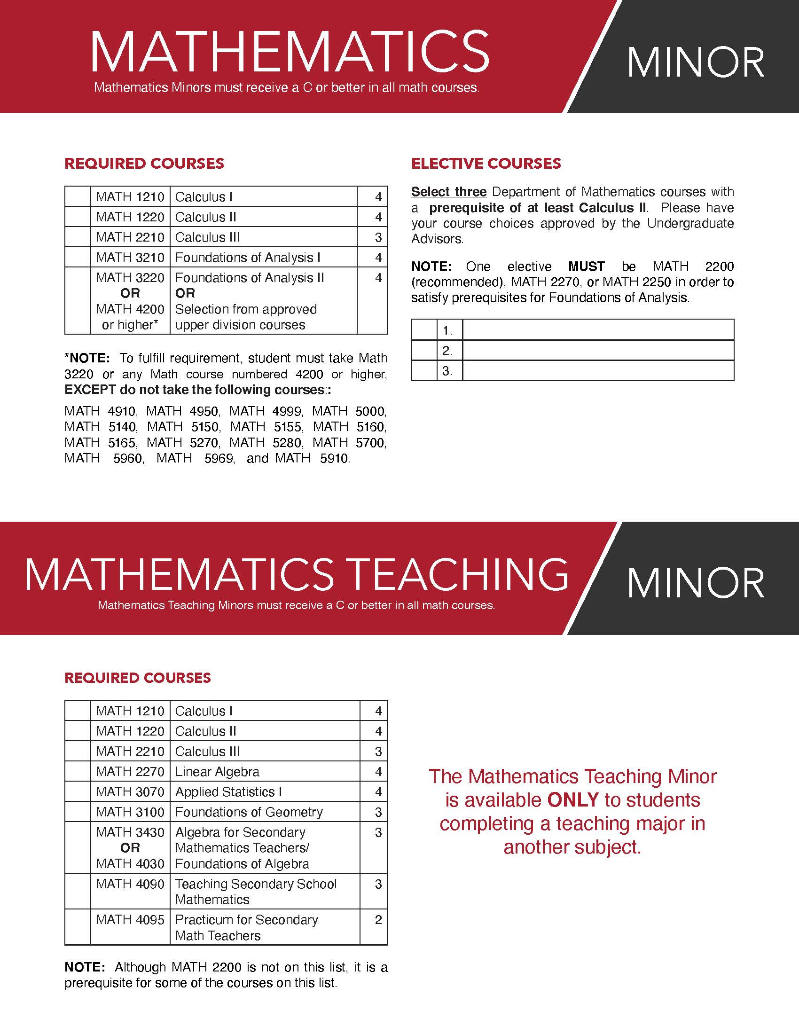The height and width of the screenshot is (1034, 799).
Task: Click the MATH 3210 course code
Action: [x=130, y=257]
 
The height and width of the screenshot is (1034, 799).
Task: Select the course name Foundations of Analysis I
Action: [x=248, y=257]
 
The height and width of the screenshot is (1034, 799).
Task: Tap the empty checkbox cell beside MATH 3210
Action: [x=78, y=257]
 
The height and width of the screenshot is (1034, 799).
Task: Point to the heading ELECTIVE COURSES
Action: [x=486, y=164]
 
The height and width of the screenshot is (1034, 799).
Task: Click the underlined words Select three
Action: [x=449, y=192]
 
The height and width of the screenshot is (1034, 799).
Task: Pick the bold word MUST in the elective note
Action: [x=587, y=266]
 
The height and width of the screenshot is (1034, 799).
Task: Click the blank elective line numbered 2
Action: [x=598, y=350]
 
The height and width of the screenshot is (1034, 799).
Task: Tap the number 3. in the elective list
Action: [x=447, y=371]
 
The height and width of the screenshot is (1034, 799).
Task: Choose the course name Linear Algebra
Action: [x=217, y=772]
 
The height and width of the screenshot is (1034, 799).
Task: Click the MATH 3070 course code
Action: [x=130, y=791]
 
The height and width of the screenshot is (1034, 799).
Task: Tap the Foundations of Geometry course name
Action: [x=249, y=812]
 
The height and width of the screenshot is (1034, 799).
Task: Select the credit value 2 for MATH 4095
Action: [x=378, y=919]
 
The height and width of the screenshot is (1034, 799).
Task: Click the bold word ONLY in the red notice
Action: [x=573, y=800]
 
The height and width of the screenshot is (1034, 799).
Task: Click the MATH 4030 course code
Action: [x=130, y=863]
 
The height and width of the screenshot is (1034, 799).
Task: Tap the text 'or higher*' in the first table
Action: [x=130, y=325]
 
